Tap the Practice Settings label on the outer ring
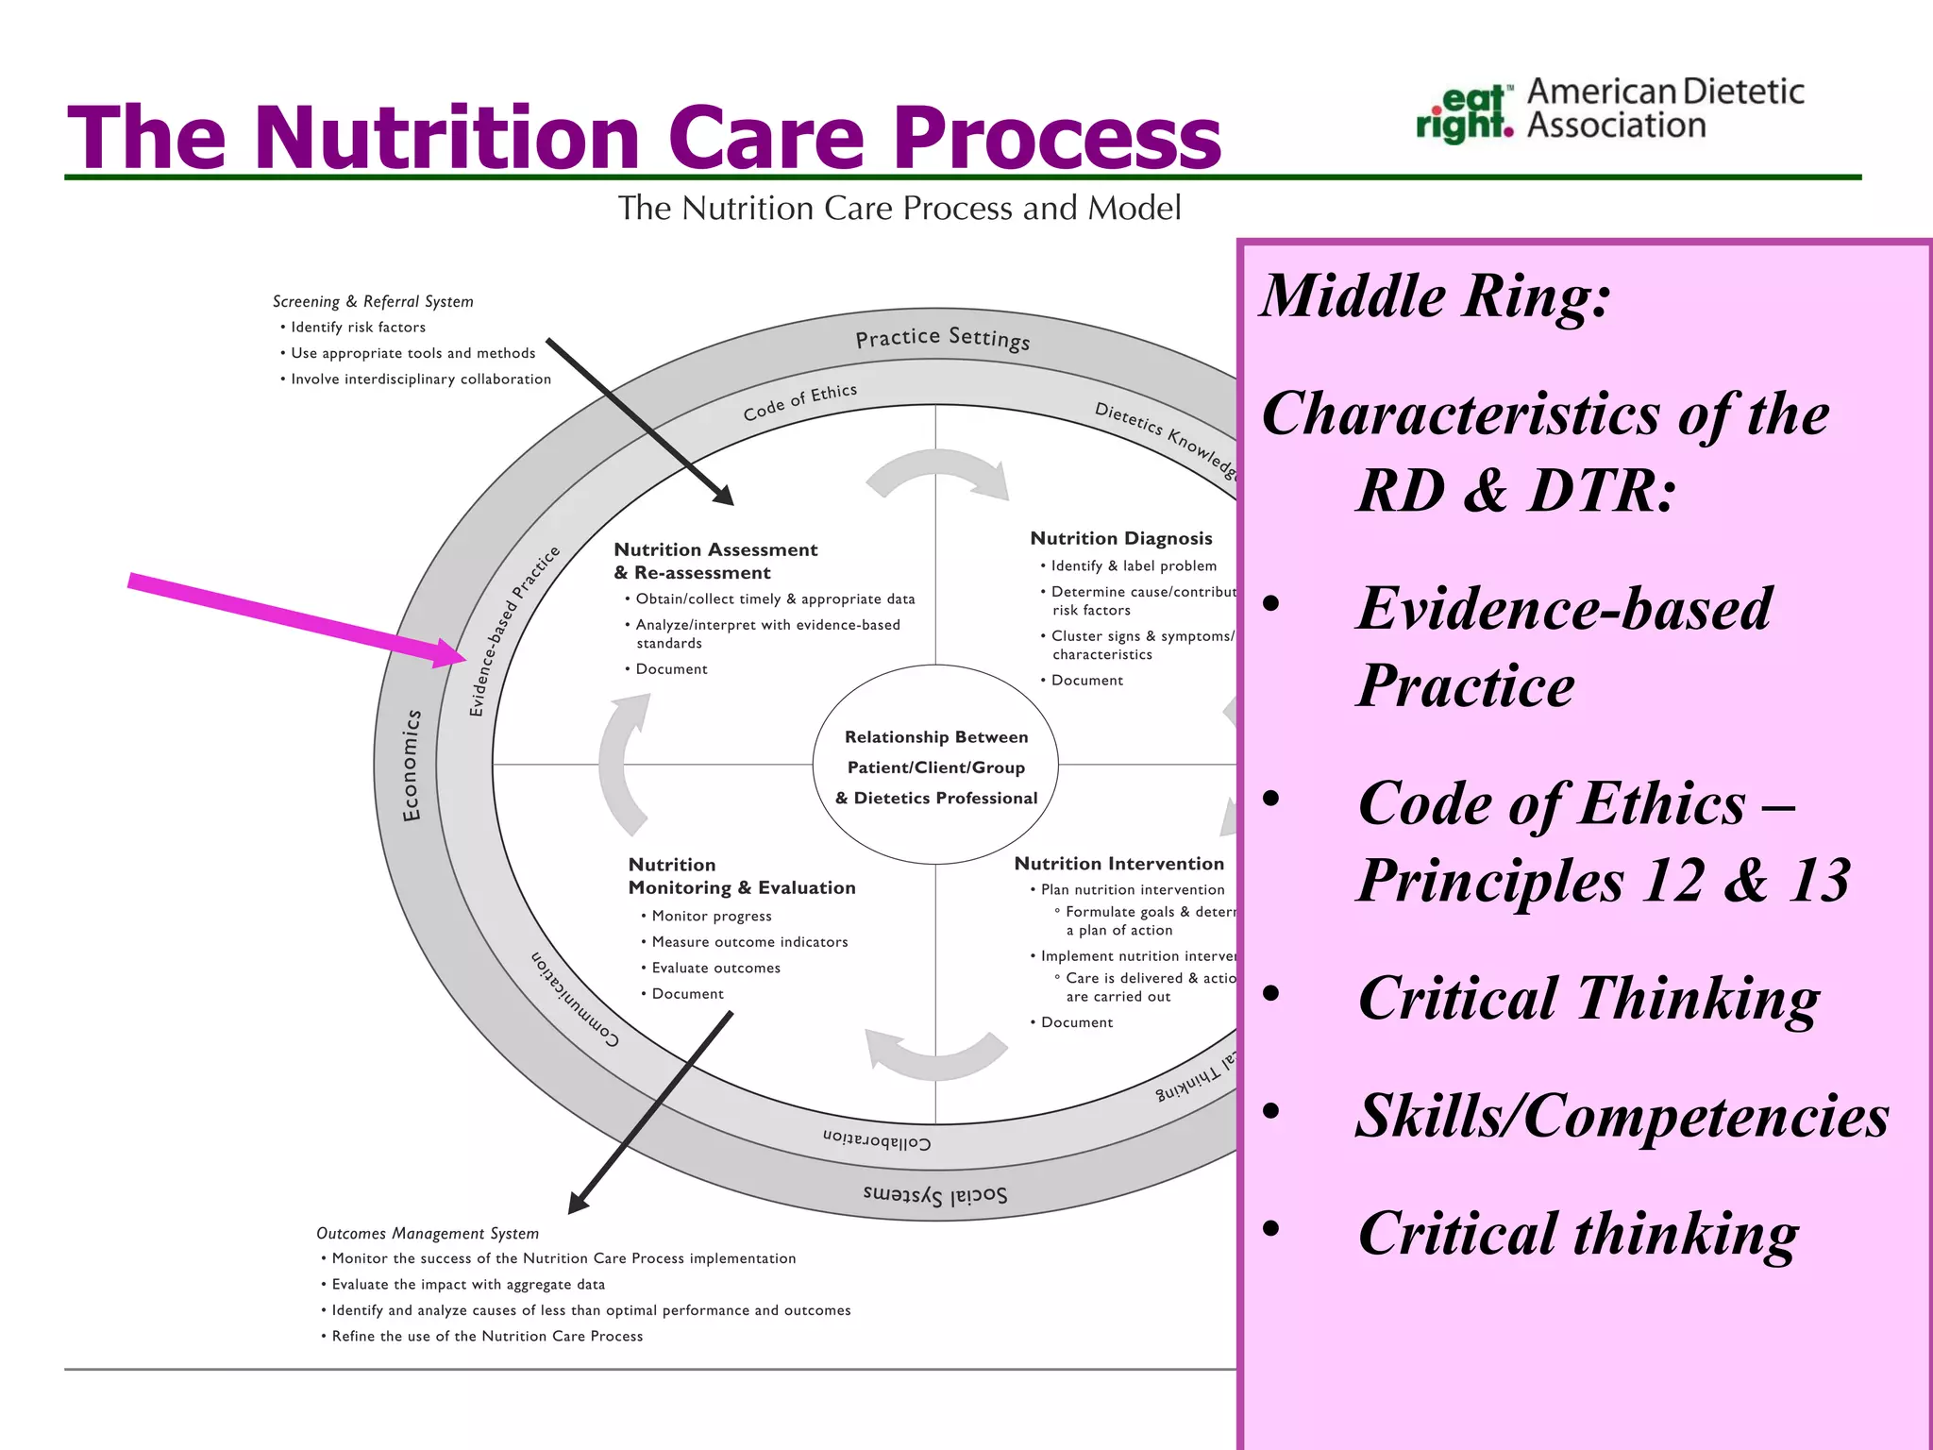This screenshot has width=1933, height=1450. click(942, 338)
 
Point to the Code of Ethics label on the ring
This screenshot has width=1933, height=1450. click(799, 402)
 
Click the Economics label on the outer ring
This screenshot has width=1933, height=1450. click(412, 766)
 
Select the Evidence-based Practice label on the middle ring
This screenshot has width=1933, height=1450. click(514, 631)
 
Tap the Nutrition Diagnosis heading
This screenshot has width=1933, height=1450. click(1120, 538)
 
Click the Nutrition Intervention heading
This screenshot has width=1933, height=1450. click(1118, 864)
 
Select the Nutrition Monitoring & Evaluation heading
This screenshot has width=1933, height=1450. click(741, 876)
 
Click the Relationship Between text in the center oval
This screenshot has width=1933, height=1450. click(935, 737)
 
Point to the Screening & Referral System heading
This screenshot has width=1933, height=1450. click(373, 301)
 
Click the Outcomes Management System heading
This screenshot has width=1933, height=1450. click(427, 1233)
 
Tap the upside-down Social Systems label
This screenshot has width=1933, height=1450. click(934, 1195)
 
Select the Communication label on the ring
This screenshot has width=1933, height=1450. click(574, 1000)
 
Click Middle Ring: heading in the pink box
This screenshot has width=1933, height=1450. click(1435, 296)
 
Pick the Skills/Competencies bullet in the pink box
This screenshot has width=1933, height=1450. click(1622, 1116)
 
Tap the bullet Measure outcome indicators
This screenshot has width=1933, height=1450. click(749, 942)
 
